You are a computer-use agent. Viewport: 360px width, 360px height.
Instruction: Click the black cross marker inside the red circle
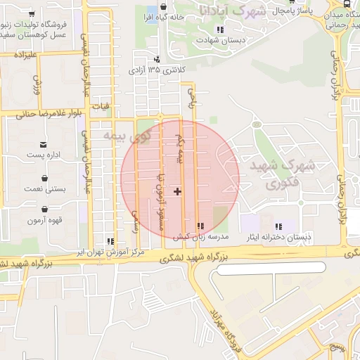click(x=177, y=191)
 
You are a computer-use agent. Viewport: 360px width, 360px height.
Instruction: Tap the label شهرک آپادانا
click(x=232, y=11)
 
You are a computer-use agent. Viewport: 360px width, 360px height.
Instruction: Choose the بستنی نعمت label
click(x=46, y=188)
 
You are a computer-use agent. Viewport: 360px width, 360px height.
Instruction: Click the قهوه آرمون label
click(x=46, y=220)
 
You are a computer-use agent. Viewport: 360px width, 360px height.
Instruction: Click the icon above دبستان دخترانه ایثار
click(x=279, y=226)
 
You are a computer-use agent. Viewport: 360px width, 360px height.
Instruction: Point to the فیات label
click(x=105, y=105)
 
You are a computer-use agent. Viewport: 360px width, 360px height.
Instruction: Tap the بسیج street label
click(x=339, y=348)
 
